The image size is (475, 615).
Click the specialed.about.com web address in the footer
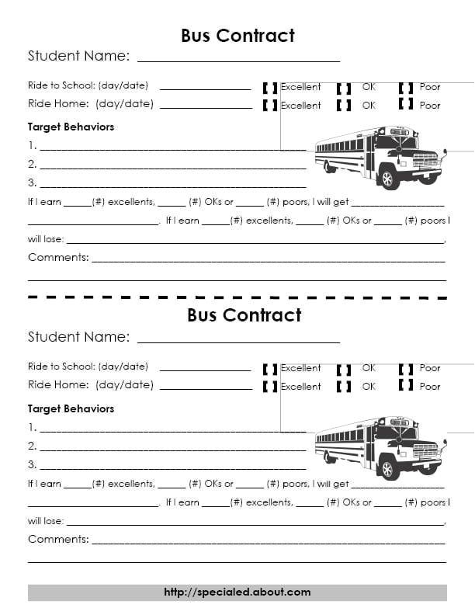[237, 592]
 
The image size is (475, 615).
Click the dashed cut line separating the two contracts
[237, 297]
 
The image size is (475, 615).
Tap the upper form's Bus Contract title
[237, 36]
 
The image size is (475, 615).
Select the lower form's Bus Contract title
[244, 315]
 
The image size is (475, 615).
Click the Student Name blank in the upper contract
[238, 57]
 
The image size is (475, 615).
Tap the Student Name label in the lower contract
[78, 337]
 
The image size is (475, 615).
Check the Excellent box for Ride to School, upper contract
[270, 87]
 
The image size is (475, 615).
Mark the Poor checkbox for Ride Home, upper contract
[405, 104]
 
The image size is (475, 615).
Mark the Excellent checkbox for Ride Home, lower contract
[270, 385]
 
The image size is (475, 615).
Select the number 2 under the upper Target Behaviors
[32, 164]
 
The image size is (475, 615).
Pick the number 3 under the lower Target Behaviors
[32, 464]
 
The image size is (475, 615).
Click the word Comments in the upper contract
[58, 257]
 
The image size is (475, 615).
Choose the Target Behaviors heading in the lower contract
[71, 408]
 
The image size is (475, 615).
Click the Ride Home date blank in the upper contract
[206, 105]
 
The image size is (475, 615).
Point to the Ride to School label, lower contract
[88, 367]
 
